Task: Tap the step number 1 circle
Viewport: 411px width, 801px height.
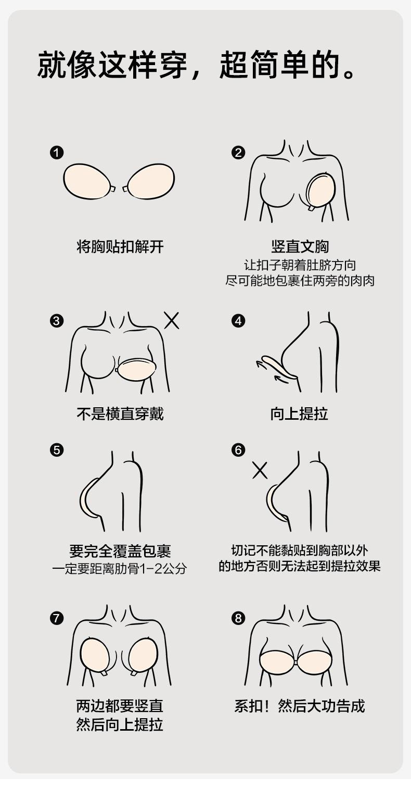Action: [57, 153]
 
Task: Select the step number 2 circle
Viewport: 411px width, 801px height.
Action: [238, 153]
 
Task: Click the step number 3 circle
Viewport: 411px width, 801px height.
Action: [57, 321]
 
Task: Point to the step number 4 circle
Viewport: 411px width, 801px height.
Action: [238, 321]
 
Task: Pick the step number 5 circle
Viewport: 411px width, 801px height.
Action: [57, 450]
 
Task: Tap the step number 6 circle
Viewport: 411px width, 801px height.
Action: [238, 450]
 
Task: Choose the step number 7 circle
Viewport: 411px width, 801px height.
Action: [57, 618]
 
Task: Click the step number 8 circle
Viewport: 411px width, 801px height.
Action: [238, 618]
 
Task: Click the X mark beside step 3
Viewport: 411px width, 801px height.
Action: [172, 321]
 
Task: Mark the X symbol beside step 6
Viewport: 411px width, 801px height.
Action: [260, 470]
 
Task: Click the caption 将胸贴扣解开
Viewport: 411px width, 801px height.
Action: [120, 246]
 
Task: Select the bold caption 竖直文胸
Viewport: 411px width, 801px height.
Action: [300, 246]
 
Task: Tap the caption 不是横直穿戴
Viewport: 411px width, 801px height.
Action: [120, 414]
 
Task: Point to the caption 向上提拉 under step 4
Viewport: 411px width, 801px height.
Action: [299, 414]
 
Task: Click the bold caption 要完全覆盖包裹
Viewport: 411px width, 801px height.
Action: [120, 550]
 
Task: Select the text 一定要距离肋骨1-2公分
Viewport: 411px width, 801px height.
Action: [120, 568]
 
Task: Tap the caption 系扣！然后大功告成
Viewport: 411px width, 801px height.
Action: [299, 706]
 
